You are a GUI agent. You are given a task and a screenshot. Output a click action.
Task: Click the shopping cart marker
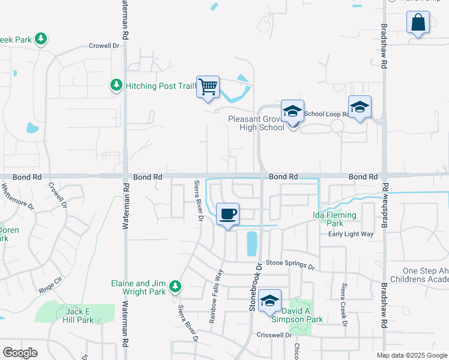click(208, 88)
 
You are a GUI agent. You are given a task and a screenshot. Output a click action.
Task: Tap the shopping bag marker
click(418, 24)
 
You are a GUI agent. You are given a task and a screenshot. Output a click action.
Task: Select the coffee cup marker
click(228, 214)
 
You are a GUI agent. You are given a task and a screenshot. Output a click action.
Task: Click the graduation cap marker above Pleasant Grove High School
click(292, 112)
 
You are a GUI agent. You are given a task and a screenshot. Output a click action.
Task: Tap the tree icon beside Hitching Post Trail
click(116, 86)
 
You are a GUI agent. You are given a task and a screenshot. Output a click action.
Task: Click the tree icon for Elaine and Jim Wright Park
click(175, 286)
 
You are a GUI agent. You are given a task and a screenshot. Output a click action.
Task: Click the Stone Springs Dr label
click(290, 264)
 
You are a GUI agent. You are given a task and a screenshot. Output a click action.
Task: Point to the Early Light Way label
click(351, 234)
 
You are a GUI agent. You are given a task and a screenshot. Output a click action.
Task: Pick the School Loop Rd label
click(326, 113)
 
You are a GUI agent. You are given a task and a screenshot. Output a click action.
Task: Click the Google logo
click(20, 352)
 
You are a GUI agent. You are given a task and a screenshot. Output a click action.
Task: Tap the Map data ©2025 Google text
click(411, 355)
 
